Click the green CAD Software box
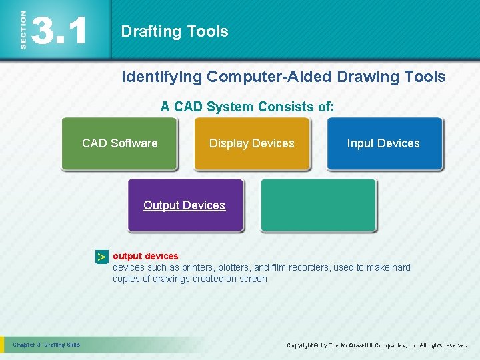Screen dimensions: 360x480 tap(119, 143)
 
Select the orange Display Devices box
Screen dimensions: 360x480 tap(251, 143)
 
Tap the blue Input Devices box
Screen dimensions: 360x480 tap(383, 143)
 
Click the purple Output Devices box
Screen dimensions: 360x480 tap(185, 205)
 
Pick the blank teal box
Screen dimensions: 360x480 tap(318, 205)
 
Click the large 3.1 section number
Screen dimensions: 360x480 tap(60, 31)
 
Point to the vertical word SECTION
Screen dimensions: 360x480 tap(23, 29)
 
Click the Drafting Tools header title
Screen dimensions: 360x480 tap(175, 31)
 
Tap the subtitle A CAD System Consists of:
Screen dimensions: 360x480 tap(247, 107)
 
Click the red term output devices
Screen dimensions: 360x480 tap(145, 256)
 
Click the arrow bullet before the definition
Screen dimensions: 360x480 tap(101, 257)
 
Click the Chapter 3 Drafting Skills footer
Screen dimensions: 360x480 tap(47, 345)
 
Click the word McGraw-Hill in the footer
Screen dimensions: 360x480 tap(361, 345)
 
